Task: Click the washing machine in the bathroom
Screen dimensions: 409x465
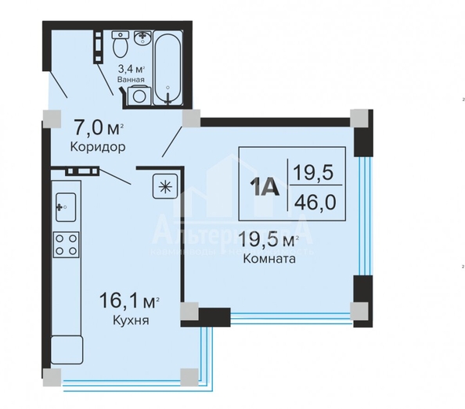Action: pyautogui.click(x=139, y=95)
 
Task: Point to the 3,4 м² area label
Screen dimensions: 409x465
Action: pyautogui.click(x=130, y=68)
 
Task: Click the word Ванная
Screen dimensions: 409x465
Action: pyautogui.click(x=129, y=79)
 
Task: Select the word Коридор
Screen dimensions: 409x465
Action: pyautogui.click(x=98, y=146)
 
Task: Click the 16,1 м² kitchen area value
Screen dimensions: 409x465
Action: pyautogui.click(x=130, y=300)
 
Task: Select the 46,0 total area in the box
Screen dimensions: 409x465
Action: pyautogui.click(x=315, y=203)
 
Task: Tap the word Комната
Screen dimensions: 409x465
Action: pyautogui.click(x=269, y=260)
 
